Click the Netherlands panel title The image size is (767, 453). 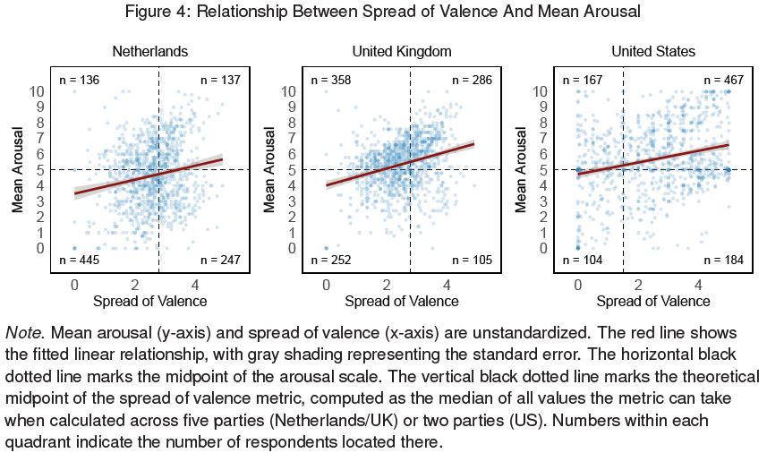coord(149,51)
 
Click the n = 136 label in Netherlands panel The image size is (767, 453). coord(79,81)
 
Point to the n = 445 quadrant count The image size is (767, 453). coord(80,261)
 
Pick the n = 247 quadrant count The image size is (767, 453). coord(220,261)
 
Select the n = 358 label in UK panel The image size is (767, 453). coord(331,81)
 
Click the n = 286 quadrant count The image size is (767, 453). coord(472,81)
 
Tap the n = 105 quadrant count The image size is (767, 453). coord(472,261)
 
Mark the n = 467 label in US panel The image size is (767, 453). coord(724,81)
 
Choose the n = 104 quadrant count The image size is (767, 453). coord(583,261)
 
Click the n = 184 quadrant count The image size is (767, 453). coord(724,261)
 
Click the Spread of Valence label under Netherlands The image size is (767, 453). coord(149,302)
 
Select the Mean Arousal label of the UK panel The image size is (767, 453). coord(269,169)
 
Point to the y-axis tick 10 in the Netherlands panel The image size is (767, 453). coord(38,91)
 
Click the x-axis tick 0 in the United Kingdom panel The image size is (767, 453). coord(326,284)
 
